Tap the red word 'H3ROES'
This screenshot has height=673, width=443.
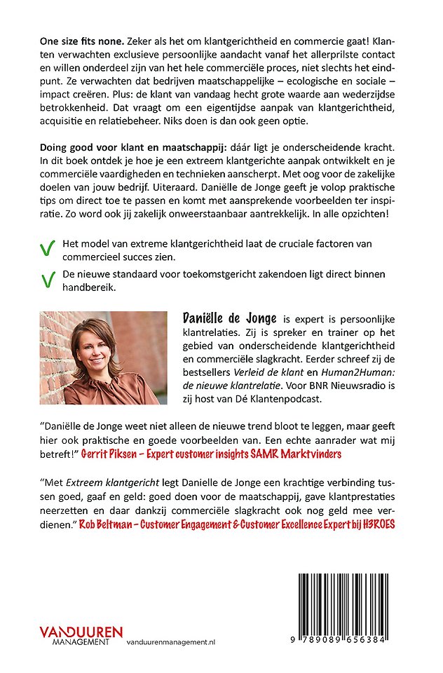click(x=386, y=522)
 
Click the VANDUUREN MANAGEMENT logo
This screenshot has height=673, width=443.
click(x=81, y=634)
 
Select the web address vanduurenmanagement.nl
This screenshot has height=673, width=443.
click(x=181, y=641)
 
